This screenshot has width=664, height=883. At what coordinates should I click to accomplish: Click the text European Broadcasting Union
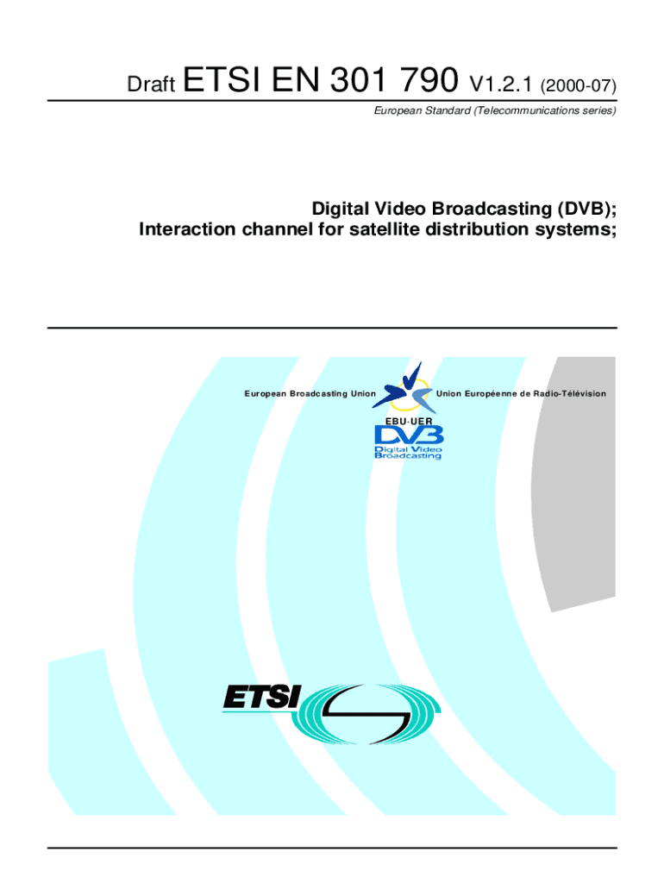310,394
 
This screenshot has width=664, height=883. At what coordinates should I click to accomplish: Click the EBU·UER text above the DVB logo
408,418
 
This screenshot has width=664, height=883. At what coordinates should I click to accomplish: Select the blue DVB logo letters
408,434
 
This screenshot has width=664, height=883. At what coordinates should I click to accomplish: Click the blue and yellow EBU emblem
404,386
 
